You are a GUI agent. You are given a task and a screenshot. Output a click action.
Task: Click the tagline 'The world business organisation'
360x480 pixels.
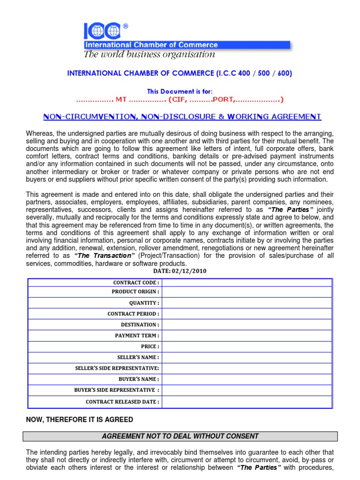tap(149, 54)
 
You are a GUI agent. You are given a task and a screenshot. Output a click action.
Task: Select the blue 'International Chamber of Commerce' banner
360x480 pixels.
tap(187, 45)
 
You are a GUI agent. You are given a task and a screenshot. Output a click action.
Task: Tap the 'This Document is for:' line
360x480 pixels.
tap(180, 91)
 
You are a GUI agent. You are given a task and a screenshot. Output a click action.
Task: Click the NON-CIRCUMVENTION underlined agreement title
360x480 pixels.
tap(182, 117)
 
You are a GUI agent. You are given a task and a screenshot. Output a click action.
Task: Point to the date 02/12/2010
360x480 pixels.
tap(180, 271)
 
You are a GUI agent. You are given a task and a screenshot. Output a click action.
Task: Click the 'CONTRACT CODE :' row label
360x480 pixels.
tap(136, 283)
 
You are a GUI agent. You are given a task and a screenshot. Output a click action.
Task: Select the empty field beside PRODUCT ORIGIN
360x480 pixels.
tap(247, 292)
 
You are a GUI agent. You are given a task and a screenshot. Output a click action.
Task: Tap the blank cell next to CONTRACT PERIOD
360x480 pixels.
tap(247, 314)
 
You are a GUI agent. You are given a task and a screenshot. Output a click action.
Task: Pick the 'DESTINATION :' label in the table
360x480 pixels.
tap(140, 324)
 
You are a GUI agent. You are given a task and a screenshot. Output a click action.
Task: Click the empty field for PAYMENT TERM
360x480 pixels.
tap(247, 336)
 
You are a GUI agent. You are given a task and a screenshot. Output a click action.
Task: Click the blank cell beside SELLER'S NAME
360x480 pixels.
tap(247, 357)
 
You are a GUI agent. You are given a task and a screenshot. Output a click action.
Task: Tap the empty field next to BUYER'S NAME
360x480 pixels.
tap(247, 379)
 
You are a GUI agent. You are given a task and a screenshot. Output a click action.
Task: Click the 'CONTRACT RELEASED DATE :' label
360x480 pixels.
tap(122, 402)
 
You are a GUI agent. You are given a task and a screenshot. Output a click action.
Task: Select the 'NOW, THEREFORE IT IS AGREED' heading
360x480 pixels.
tap(80, 420)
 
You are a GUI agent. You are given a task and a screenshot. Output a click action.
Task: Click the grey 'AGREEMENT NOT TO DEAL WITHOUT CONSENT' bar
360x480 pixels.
tap(180, 436)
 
